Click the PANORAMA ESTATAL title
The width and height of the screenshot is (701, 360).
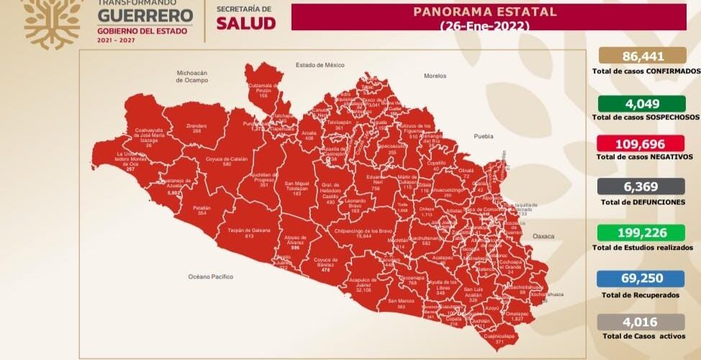pos(485,12)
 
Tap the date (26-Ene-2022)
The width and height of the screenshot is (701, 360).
pos(485,25)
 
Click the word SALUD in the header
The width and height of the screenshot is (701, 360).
pos(245,23)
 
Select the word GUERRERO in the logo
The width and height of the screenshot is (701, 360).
pos(144,15)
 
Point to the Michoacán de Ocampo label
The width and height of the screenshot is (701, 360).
pos(192,76)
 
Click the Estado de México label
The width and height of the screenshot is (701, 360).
pos(320,65)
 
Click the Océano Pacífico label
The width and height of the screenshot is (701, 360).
pos(210,276)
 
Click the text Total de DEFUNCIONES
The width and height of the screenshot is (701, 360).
pos(643,202)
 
